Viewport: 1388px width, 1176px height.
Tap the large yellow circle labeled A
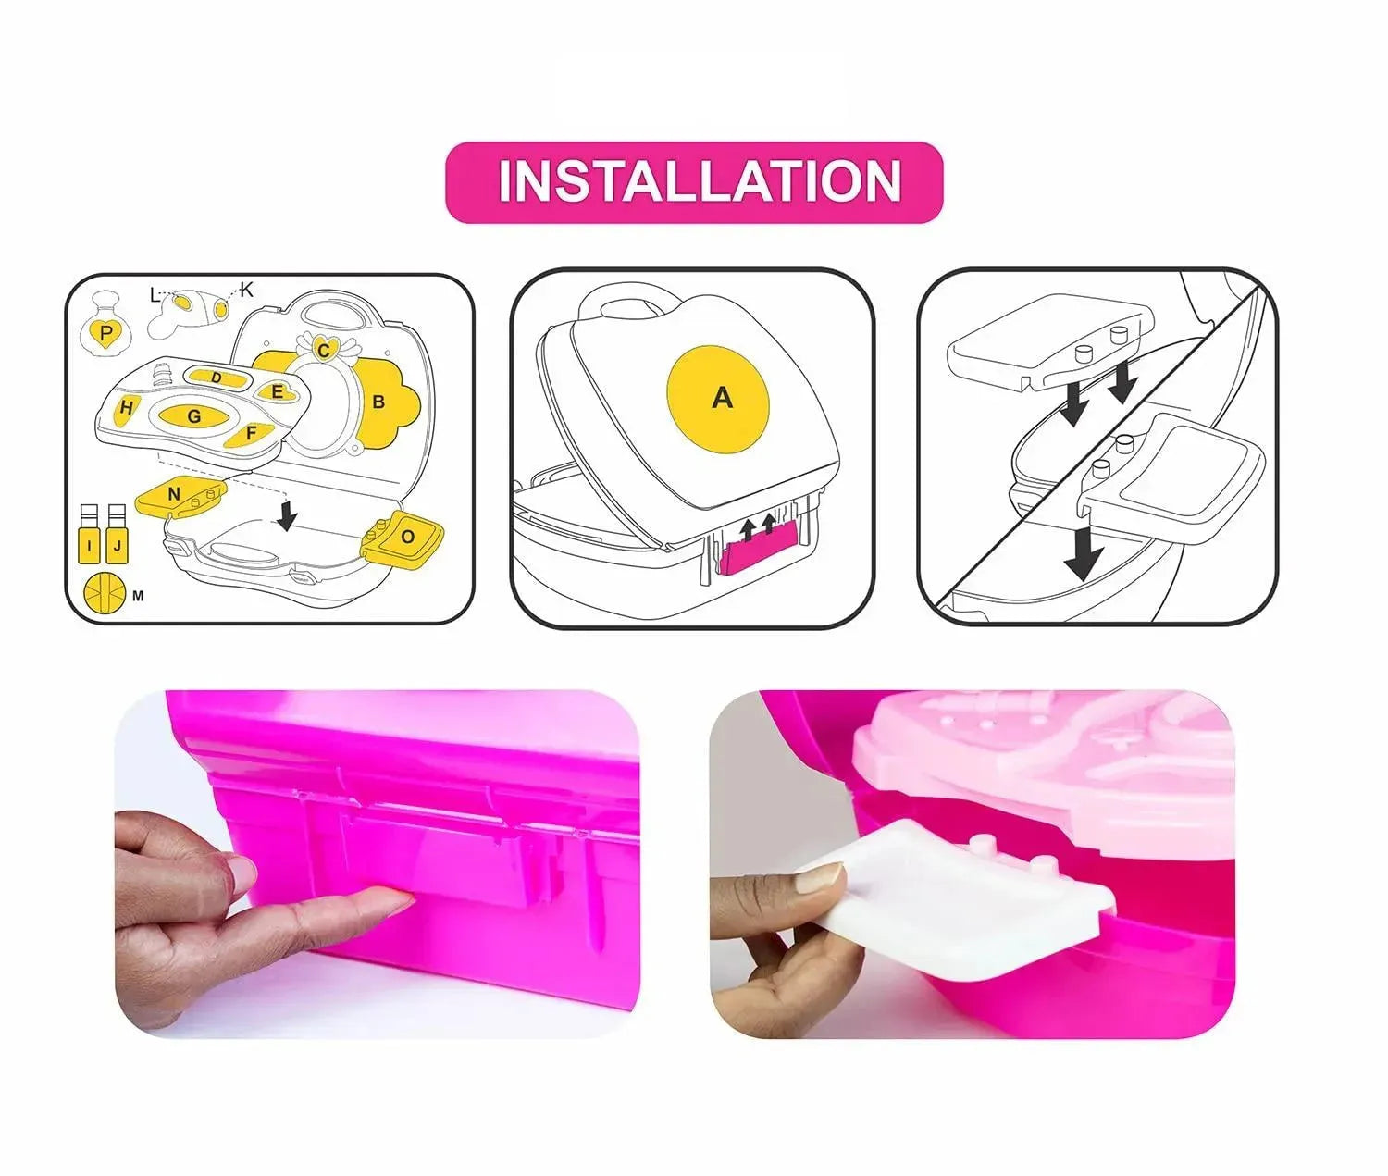[717, 399]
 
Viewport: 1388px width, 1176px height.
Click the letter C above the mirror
[324, 351]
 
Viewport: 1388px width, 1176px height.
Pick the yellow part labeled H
[126, 408]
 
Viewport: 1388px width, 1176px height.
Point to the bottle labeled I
[90, 534]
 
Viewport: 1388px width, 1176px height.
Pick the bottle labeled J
[117, 534]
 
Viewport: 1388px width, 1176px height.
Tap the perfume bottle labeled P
[105, 327]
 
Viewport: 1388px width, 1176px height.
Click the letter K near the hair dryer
[246, 291]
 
